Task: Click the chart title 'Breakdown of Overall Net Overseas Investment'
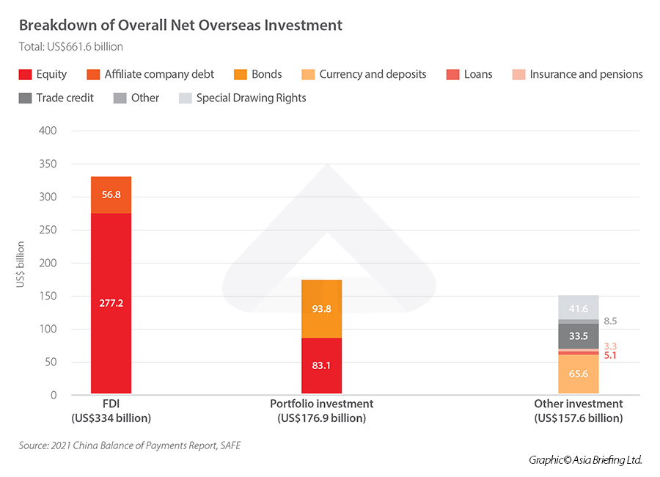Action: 180,25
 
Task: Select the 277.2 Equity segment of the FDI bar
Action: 111,303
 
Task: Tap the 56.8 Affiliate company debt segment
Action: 111,195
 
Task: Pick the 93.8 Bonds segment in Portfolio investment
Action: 321,309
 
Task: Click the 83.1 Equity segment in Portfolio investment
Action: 321,365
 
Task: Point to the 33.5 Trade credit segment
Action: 579,336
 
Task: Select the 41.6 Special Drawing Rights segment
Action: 579,308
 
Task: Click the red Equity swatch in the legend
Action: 25,74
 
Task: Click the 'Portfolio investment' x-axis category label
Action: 321,404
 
